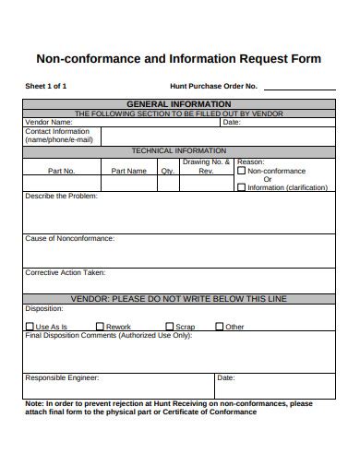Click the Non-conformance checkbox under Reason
pyautogui.click(x=242, y=171)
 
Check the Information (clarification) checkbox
pyautogui.click(x=242, y=187)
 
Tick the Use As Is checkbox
pyautogui.click(x=30, y=327)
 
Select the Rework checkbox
pyautogui.click(x=100, y=327)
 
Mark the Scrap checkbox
pyautogui.click(x=170, y=327)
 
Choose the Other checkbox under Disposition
pyautogui.click(x=220, y=327)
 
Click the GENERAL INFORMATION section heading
pyautogui.click(x=178, y=104)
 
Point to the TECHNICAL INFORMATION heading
pyautogui.click(x=178, y=150)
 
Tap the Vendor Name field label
pyautogui.click(x=48, y=122)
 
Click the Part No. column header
pyautogui.click(x=61, y=171)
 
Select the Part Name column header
pyautogui.click(x=128, y=171)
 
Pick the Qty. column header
pyautogui.click(x=167, y=171)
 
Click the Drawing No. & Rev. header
pyautogui.click(x=205, y=166)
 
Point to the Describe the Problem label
pyautogui.click(x=61, y=197)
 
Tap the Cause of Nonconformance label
pyautogui.click(x=69, y=238)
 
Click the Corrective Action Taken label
pyautogui.click(x=65, y=272)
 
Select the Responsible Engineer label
pyautogui.click(x=62, y=377)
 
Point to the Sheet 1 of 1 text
pyautogui.click(x=45, y=86)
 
